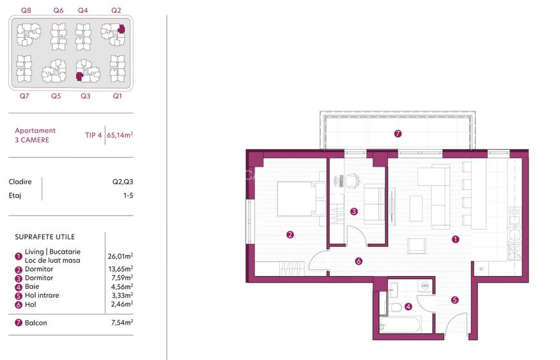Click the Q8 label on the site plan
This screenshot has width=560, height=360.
pos(26,10)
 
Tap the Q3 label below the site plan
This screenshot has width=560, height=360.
pos(85,96)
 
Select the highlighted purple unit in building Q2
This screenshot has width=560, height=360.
pos(120,29)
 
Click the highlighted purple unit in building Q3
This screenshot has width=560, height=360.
pos(79,76)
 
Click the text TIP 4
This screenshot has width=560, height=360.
pos(93,136)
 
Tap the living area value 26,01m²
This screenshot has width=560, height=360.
pos(120,256)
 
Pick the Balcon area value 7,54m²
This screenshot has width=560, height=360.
pos(120,323)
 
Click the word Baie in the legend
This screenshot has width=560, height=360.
pos(32,286)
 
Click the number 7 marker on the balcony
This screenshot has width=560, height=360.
pos(398,134)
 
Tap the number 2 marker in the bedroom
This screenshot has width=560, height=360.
pos(290,235)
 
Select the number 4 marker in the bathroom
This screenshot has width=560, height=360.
pos(408,306)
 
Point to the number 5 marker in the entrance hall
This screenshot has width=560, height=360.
pos(455,299)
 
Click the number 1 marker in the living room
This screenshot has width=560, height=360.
pos(455,240)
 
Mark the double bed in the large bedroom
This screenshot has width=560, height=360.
pos(296,200)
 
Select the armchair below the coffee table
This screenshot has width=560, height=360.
pos(416,246)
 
